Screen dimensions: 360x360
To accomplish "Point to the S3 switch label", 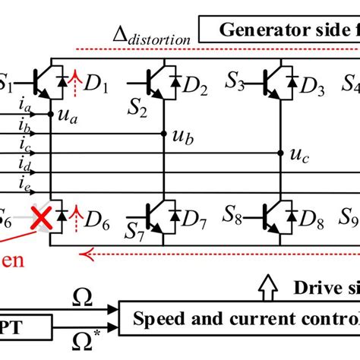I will click(x=237, y=81).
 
